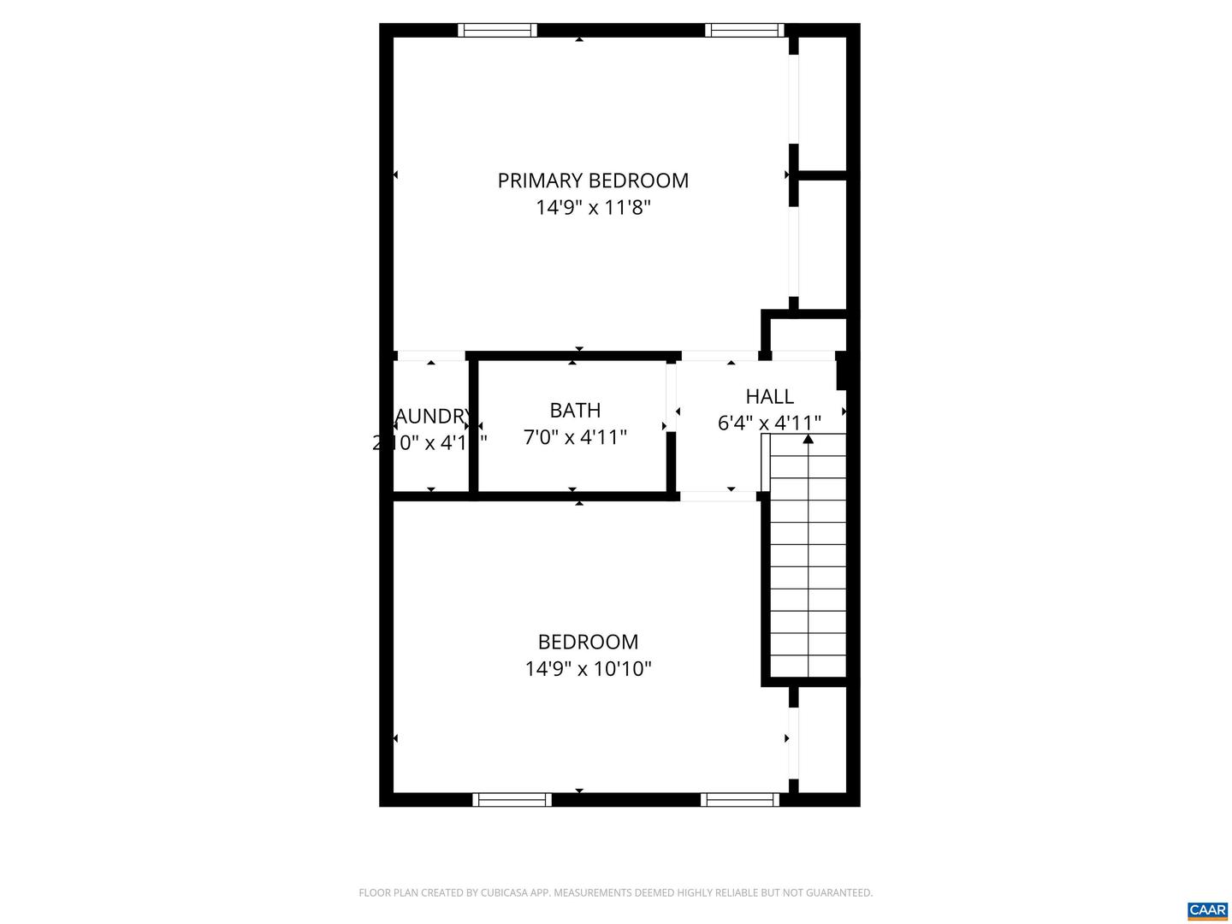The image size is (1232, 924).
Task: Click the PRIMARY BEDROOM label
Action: [x=592, y=181]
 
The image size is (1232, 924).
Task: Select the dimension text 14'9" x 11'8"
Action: [x=593, y=208]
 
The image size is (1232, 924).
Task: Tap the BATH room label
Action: [x=575, y=411]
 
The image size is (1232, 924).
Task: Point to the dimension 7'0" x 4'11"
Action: [x=575, y=437]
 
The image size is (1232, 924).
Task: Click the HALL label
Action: [x=769, y=396]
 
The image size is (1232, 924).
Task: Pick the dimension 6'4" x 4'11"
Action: [x=769, y=423]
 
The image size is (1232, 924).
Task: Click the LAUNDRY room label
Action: [x=432, y=417]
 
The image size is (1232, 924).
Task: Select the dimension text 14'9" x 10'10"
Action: [x=588, y=668]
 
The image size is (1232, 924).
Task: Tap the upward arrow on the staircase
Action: [x=808, y=440]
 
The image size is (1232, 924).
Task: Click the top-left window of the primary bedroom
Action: [x=497, y=30]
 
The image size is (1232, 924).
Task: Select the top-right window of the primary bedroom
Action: [x=744, y=30]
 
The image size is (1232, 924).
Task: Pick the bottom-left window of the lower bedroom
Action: [x=512, y=800]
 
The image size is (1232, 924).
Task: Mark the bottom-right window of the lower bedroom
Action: [x=740, y=800]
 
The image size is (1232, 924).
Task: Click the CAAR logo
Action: [x=1207, y=910]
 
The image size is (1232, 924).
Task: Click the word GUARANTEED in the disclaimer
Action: [x=836, y=893]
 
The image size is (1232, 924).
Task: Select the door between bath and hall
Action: [x=672, y=396]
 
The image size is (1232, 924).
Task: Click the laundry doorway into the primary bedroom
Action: [x=431, y=355]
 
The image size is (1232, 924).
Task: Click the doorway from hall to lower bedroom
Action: [x=717, y=495]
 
